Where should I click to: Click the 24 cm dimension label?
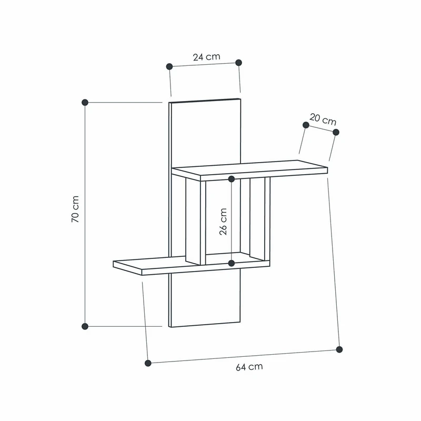[206, 57]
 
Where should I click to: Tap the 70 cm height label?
[75, 215]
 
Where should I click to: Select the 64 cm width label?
[249, 367]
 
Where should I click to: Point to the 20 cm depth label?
[323, 119]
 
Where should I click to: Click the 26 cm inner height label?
[223, 221]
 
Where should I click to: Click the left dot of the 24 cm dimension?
[169, 66]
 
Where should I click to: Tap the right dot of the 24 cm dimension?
[238, 63]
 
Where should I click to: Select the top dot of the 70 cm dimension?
[85, 102]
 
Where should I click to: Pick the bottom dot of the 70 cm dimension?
[85, 326]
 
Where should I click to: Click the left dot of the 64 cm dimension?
[148, 363]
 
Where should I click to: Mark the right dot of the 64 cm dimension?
[339, 349]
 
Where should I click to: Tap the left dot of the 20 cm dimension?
[306, 125]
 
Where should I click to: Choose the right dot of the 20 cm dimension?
[336, 132]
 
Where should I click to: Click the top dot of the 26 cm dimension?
[232, 179]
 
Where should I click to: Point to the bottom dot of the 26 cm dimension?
[232, 263]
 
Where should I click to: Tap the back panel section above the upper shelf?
[205, 132]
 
